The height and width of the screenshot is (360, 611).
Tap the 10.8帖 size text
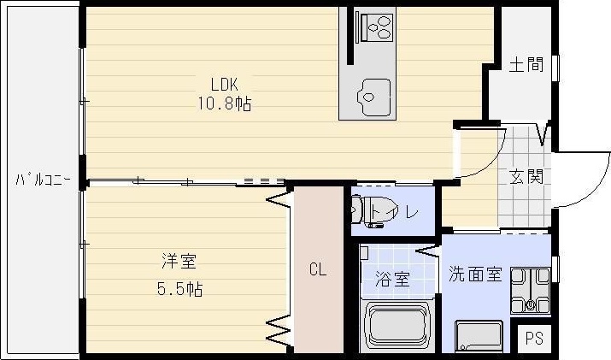point(226,103)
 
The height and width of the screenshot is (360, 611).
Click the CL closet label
point(317,271)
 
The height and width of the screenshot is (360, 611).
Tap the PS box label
point(534,337)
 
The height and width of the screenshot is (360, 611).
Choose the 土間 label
point(526,66)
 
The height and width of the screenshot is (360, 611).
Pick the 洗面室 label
point(475,274)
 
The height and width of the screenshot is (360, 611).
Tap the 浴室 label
point(392,280)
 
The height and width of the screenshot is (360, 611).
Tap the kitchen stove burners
point(376,27)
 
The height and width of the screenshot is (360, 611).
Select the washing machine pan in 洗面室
point(531,290)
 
